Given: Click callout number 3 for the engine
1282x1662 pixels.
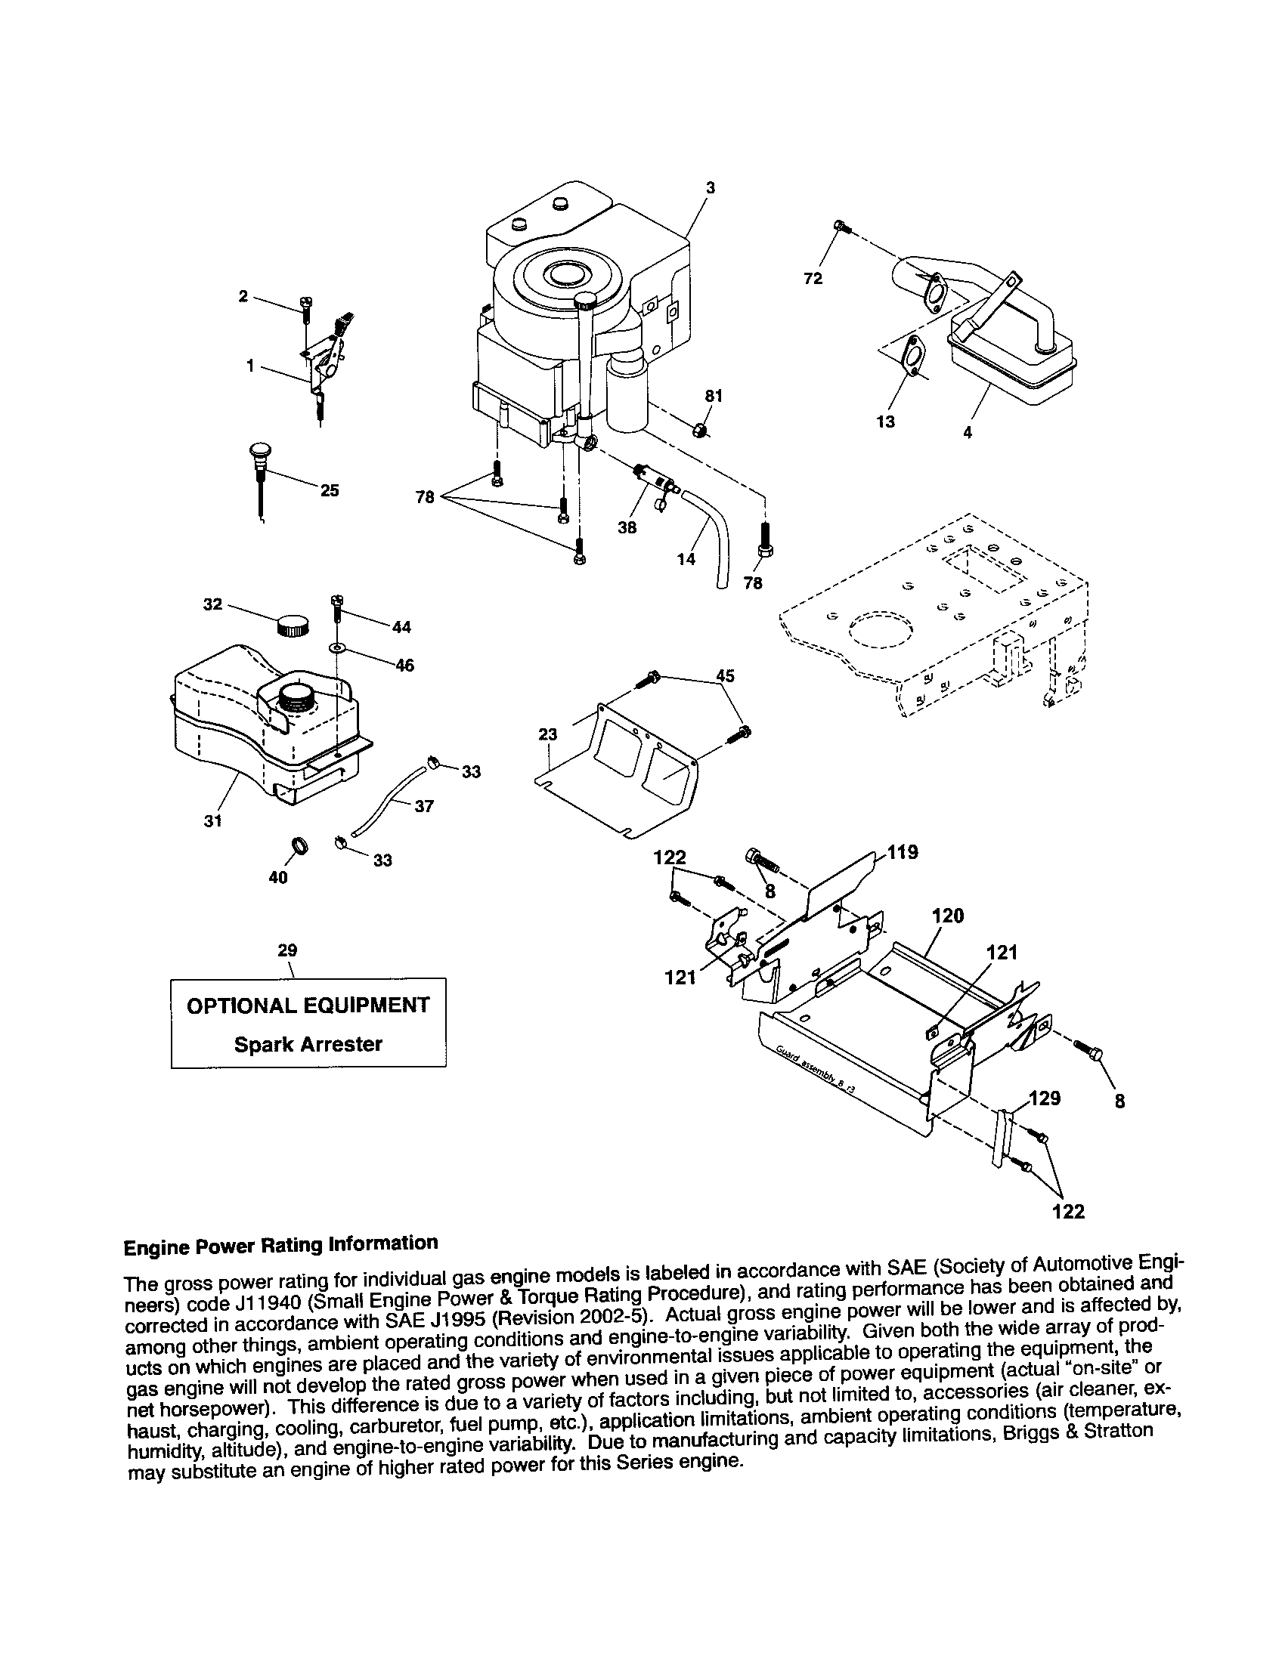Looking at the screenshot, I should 710,187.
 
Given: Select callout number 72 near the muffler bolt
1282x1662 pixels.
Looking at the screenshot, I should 813,280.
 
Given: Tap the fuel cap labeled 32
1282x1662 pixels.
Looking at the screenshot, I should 293,626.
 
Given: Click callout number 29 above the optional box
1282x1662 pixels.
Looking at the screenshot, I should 287,950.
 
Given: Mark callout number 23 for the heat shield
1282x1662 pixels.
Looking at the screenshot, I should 547,734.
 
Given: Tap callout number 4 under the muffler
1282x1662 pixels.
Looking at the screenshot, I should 968,432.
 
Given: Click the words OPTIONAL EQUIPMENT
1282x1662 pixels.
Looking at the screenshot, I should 308,1006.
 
